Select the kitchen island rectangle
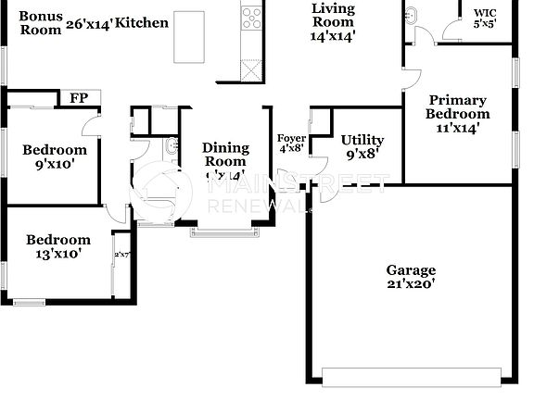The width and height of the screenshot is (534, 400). coord(189,37)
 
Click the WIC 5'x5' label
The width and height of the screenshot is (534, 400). coord(485,19)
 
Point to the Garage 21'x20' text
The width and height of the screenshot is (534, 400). coord(411,277)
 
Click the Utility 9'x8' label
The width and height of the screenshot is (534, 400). coord(362,146)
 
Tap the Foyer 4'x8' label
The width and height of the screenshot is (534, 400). coord(291,143)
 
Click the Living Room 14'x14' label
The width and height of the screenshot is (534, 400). coord(333,21)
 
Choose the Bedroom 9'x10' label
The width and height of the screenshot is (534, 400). coord(55,156)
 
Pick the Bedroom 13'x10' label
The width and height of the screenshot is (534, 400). coord(57,246)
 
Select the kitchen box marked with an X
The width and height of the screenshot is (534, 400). coord(251,71)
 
